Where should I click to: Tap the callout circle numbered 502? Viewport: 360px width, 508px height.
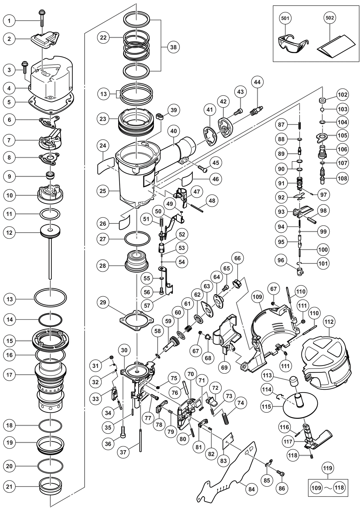[x=330, y=18]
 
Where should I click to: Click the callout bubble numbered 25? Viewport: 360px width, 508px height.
[x=103, y=191]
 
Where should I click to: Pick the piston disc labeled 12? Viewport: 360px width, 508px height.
[x=50, y=230]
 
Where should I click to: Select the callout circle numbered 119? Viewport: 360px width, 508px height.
[x=328, y=468]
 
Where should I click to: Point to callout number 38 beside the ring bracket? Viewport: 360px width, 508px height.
[x=173, y=47]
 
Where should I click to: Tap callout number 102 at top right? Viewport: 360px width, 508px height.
[x=343, y=94]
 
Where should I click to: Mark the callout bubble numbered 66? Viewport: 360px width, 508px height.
[x=238, y=258]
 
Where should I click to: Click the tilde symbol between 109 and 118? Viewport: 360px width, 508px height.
[x=328, y=488]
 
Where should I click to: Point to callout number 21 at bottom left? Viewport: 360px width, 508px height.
[x=9, y=487]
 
